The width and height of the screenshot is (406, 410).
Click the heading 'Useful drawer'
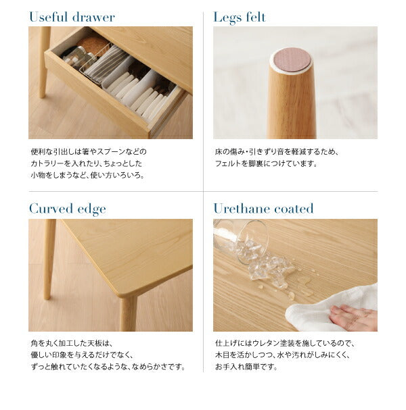[72, 17]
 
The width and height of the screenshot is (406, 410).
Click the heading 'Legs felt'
[240, 17]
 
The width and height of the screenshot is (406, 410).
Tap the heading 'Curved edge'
[67, 209]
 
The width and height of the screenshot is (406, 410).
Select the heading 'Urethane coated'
[263, 209]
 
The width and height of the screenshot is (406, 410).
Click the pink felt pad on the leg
[291, 60]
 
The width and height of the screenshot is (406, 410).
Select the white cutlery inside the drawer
[135, 88]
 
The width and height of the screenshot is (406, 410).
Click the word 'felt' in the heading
[255, 17]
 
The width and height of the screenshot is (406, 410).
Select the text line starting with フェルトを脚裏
[265, 163]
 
